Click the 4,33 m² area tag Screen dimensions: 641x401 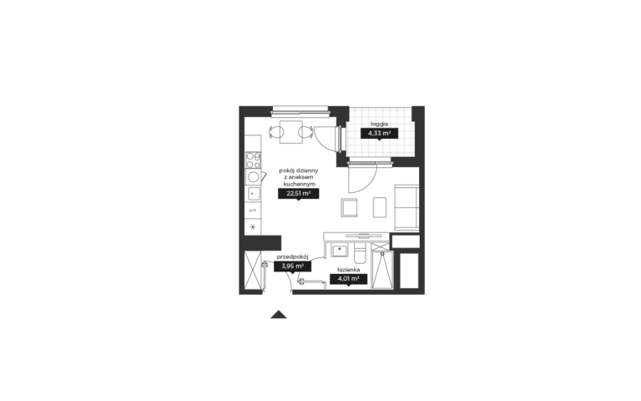click(379, 134)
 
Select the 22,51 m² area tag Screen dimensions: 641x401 click(299, 194)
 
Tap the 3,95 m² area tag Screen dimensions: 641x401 click(292, 266)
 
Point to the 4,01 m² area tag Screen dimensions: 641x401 click(348, 279)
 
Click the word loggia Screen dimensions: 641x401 click(379, 124)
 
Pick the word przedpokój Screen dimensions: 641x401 click(292, 257)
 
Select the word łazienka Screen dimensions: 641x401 click(348, 270)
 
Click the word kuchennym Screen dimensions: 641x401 click(299, 184)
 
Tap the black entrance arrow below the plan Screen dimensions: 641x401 click(279, 314)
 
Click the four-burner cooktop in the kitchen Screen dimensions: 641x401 click(253, 160)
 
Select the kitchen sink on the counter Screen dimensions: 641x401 click(253, 193)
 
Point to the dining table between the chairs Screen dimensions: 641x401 click(291, 132)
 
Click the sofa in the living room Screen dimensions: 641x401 click(406, 207)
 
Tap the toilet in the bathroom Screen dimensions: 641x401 click(361, 255)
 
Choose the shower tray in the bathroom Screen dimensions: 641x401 click(382, 270)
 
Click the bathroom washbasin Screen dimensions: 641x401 click(339, 250)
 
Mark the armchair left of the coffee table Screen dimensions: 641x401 click(350, 207)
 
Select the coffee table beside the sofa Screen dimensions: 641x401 click(380, 207)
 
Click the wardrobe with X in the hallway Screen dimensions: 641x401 click(252, 270)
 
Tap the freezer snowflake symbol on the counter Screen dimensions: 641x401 click(253, 227)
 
